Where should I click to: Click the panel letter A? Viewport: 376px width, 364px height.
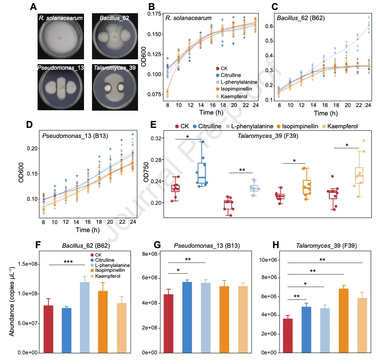35,7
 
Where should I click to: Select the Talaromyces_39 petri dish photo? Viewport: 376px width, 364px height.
115,87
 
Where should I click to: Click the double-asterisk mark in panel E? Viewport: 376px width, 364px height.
242,170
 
